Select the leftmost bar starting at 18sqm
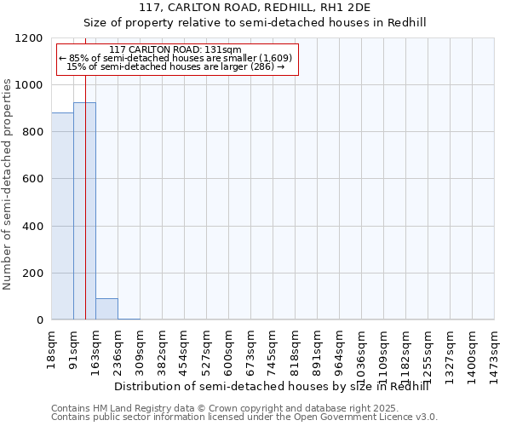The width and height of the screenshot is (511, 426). (x=62, y=216)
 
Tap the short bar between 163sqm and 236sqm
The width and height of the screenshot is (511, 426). (x=106, y=309)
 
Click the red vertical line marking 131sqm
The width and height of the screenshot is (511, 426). (x=86, y=213)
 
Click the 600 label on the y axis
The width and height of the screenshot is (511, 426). (x=35, y=179)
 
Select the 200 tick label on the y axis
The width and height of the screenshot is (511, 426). (x=35, y=273)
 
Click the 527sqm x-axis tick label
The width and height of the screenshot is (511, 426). (x=206, y=348)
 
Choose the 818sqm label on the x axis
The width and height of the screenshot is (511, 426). (x=295, y=348)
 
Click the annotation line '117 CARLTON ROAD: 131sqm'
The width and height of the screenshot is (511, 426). (x=176, y=49)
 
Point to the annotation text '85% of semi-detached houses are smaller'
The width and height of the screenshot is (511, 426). (x=176, y=58)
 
